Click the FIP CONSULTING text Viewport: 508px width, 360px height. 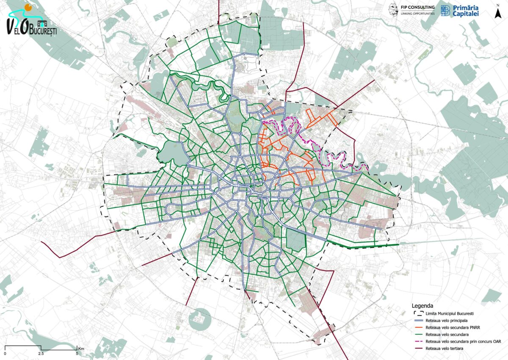click(417, 7)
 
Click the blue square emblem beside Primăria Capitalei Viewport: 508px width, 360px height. click(445, 11)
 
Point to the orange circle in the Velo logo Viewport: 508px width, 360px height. click(28, 7)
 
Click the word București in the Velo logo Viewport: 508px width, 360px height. click(43, 31)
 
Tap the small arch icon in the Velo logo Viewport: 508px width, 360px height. click(41, 23)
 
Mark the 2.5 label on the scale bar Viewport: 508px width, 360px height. click(41, 353)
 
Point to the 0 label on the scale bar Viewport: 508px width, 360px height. click(5, 353)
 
